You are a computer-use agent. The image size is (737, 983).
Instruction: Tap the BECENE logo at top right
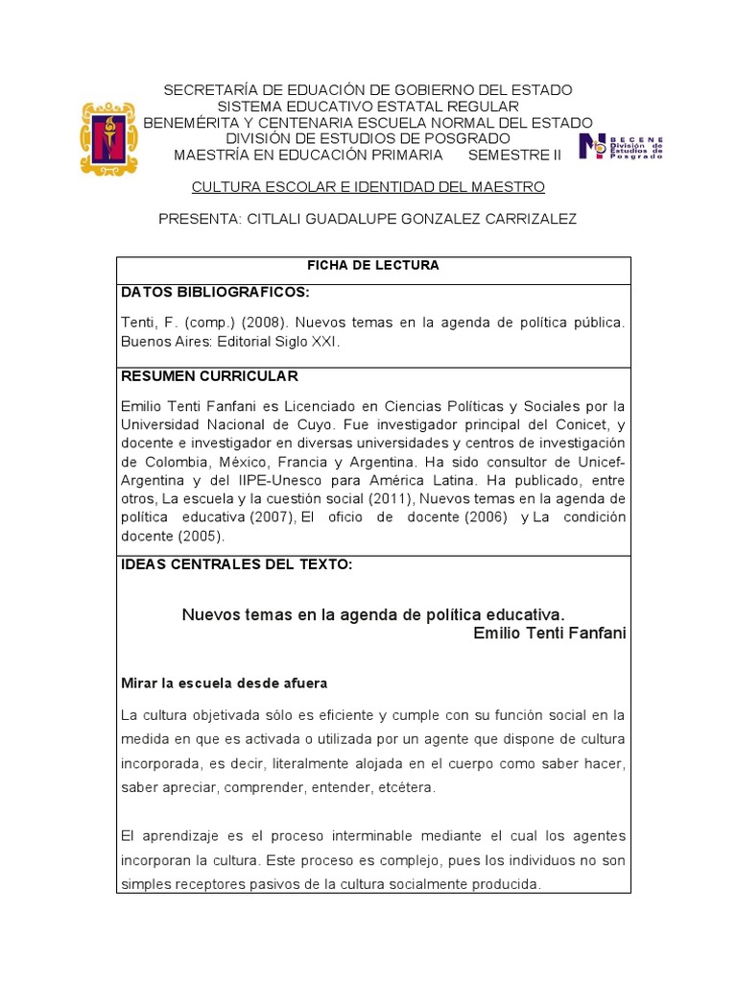pos(621,147)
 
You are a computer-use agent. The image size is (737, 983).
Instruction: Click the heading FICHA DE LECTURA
pos(373,266)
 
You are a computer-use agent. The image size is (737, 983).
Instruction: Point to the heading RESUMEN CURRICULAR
pos(209,375)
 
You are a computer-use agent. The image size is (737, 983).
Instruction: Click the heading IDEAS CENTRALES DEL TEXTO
pos(236,564)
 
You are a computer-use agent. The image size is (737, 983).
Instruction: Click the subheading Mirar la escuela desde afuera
pos(224,683)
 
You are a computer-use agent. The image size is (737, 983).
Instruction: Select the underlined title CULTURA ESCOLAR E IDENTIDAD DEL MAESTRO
pos(368,186)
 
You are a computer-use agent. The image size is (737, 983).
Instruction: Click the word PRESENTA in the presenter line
pos(198,219)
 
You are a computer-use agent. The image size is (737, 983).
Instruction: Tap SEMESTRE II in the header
pos(514,155)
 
